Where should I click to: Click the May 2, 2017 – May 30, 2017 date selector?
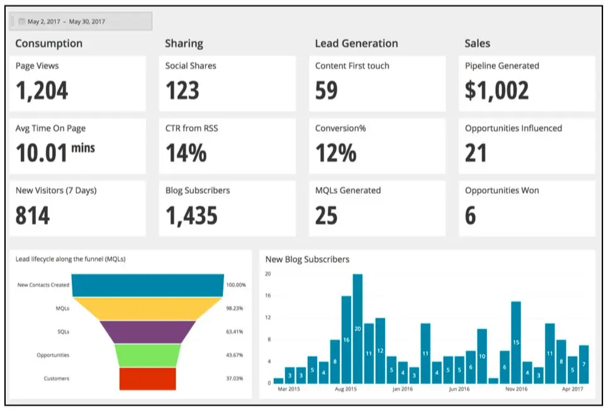pyautogui.click(x=81, y=21)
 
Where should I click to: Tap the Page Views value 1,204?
pyautogui.click(x=42, y=91)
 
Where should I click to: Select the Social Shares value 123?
pyautogui.click(x=182, y=91)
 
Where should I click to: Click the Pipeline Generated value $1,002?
pyautogui.click(x=497, y=91)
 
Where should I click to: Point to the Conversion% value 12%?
pyautogui.click(x=335, y=154)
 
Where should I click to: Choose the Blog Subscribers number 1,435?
pyautogui.click(x=191, y=216)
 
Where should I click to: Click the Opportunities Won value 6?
pyautogui.click(x=471, y=216)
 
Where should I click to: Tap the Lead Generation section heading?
pyautogui.click(x=356, y=43)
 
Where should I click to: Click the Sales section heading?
pyautogui.click(x=477, y=43)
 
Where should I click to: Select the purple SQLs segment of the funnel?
pyautogui.click(x=148, y=332)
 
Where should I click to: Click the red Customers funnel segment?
pyautogui.click(x=148, y=378)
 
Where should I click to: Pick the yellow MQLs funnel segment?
pyautogui.click(x=148, y=308)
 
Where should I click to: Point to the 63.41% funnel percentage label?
pyautogui.click(x=235, y=332)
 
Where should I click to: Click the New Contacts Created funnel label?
pyautogui.click(x=43, y=285)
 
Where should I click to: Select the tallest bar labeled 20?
pyautogui.click(x=357, y=329)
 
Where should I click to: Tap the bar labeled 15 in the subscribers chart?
pyautogui.click(x=516, y=342)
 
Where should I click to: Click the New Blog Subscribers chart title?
pyautogui.click(x=307, y=259)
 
